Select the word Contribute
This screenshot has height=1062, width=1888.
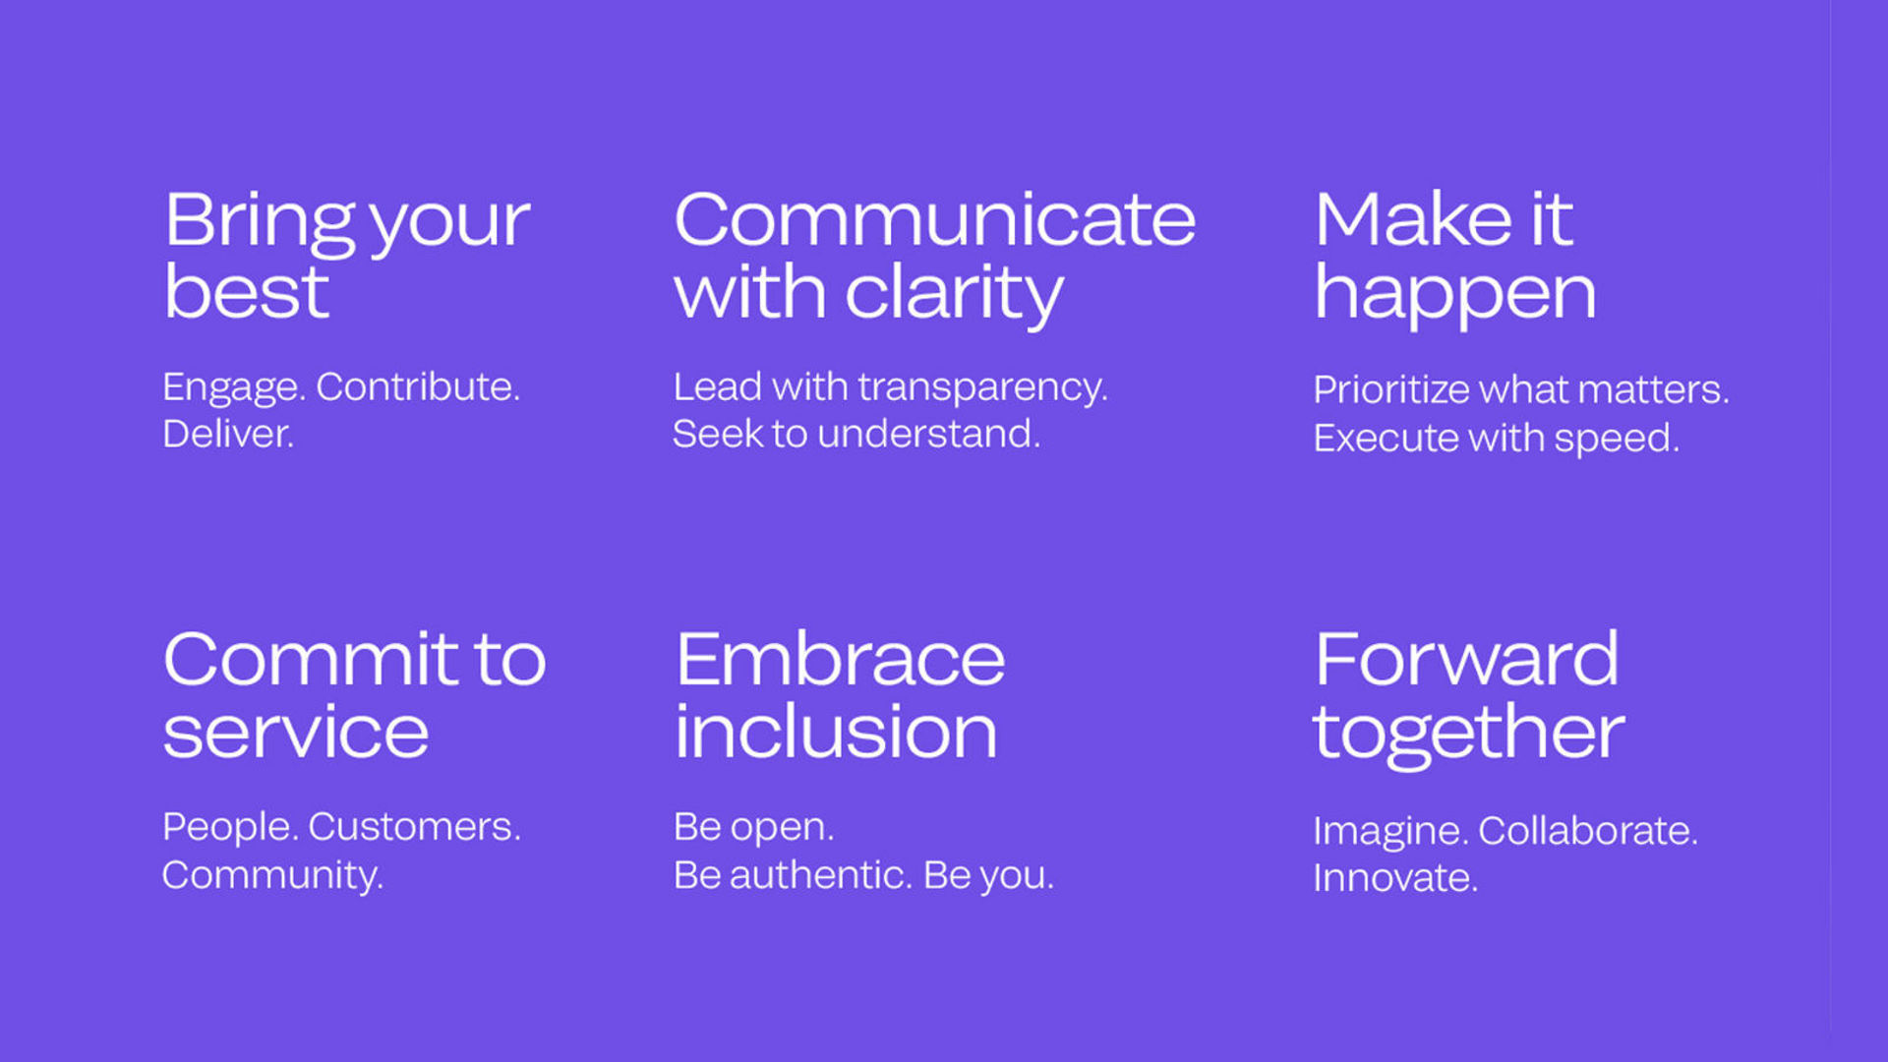tap(418, 386)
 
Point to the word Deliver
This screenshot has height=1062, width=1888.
tap(228, 434)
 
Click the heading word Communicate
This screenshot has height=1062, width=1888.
tap(934, 219)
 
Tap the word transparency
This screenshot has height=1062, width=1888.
tap(982, 389)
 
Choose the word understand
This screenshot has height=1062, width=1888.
tap(928, 434)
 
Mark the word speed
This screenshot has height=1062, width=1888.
tap(1617, 440)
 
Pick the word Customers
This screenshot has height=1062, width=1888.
tap(415, 827)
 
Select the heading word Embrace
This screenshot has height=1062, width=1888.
tap(841, 659)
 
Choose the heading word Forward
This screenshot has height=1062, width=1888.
tap(1467, 659)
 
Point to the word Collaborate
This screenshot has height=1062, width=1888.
tap(1588, 831)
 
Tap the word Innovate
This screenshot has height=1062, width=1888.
tap(1395, 878)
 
